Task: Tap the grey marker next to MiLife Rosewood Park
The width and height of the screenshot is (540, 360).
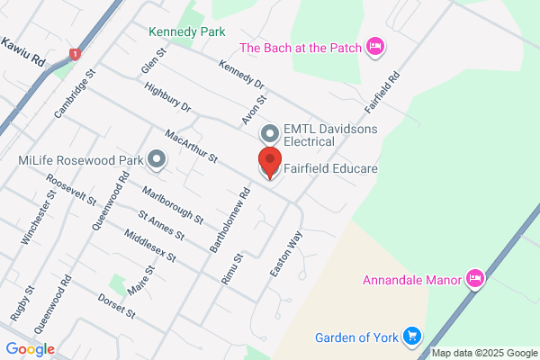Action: click(158, 161)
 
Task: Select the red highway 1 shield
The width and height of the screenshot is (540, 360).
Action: click(76, 56)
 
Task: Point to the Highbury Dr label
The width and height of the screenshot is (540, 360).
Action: click(167, 97)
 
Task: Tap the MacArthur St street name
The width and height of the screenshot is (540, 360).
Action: click(191, 146)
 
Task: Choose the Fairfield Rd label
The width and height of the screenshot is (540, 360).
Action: click(382, 91)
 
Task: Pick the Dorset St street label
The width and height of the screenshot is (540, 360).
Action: click(116, 307)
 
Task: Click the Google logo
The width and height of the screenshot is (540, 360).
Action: click(30, 349)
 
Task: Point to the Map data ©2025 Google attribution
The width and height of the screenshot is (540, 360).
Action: click(483, 353)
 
